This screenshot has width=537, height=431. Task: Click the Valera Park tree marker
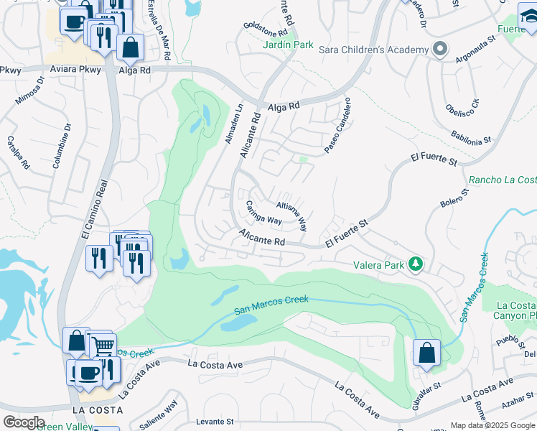(415, 264)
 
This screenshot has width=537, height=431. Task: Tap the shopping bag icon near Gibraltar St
(426, 353)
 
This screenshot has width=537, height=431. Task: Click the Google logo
(23, 422)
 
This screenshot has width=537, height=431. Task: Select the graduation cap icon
(530, 15)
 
